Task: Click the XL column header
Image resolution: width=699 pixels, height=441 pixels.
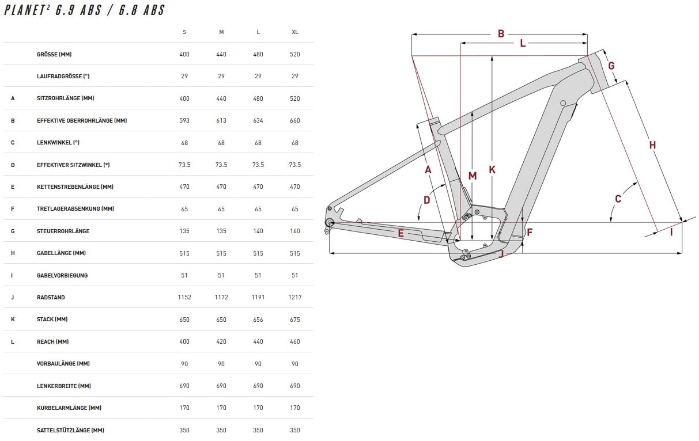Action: tap(295, 32)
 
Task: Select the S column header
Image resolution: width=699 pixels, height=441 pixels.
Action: tap(184, 32)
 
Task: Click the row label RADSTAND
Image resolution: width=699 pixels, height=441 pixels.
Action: tap(51, 297)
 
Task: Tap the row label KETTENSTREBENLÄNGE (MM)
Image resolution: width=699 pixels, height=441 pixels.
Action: tap(75, 187)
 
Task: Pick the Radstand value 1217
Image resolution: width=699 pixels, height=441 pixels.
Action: tap(295, 297)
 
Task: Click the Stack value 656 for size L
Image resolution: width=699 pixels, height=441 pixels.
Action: tap(258, 320)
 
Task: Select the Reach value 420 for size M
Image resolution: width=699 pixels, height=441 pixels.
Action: tap(221, 341)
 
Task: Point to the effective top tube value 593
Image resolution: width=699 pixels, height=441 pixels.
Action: tap(184, 120)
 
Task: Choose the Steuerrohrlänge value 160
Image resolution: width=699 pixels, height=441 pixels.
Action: tap(295, 231)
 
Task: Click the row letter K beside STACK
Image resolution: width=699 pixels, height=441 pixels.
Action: tap(13, 320)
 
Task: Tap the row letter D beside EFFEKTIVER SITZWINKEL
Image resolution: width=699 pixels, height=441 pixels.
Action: tap(13, 165)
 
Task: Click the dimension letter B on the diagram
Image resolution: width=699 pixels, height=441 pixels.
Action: tap(501, 33)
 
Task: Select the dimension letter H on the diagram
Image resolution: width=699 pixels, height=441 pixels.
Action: tap(652, 145)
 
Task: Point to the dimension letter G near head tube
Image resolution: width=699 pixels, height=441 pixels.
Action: tap(611, 66)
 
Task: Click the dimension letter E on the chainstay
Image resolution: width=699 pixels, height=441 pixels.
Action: tap(400, 233)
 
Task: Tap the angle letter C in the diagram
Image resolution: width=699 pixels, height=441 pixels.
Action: tap(618, 199)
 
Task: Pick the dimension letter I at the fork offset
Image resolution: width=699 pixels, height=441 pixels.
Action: tap(671, 232)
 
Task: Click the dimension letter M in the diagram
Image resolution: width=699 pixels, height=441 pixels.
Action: tap(473, 176)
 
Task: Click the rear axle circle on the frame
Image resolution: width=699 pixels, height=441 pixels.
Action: tap(330, 223)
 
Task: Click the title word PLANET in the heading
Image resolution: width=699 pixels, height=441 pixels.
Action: tap(25, 10)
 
